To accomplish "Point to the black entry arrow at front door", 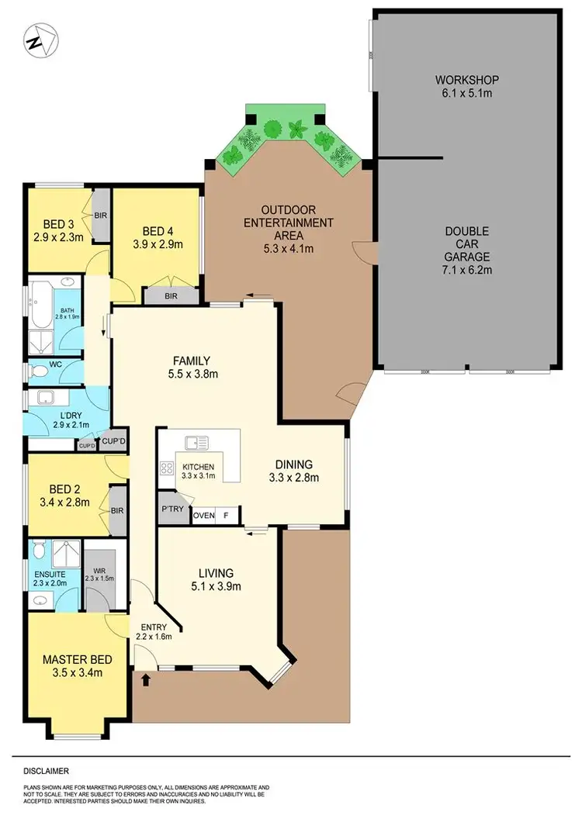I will tap(147, 679).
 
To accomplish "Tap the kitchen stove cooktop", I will tap(166, 468).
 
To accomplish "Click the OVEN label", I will tap(203, 516).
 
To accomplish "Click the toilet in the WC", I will tap(36, 372).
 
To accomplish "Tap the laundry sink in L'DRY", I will tap(43, 399).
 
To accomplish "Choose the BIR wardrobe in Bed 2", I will tap(118, 511).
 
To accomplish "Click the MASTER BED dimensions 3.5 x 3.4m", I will tap(77, 672).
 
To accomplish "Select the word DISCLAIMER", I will tap(46, 771).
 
